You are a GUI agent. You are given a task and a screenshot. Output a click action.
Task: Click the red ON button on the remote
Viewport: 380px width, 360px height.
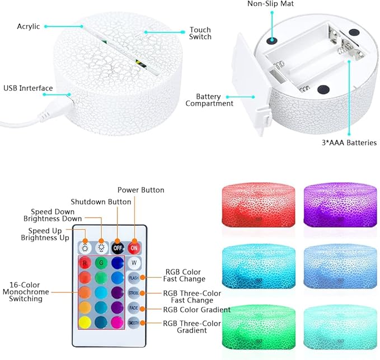(134, 248)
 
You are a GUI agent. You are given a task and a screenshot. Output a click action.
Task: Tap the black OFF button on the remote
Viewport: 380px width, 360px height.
(118, 248)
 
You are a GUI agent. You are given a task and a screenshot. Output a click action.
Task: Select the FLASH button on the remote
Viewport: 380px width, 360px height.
(134, 278)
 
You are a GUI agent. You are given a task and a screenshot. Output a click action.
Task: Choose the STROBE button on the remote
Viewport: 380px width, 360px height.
(134, 293)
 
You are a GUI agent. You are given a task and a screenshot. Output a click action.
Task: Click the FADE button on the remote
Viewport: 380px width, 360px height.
(134, 308)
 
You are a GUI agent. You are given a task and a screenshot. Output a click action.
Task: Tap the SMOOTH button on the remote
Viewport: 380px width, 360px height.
(134, 323)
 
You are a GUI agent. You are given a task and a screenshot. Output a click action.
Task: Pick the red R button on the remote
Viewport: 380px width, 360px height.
(85, 263)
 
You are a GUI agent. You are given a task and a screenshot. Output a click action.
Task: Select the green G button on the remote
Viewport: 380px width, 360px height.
(101, 263)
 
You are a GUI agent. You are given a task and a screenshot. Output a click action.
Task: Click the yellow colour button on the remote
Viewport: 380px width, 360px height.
(85, 323)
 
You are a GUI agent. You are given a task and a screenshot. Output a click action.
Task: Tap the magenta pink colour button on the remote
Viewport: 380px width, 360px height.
(118, 323)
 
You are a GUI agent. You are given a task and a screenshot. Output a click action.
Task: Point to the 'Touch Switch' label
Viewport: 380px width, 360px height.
(200, 33)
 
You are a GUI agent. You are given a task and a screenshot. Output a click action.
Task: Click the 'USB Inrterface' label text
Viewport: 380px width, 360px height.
(28, 88)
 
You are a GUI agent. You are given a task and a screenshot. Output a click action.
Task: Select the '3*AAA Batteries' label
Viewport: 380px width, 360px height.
(349, 143)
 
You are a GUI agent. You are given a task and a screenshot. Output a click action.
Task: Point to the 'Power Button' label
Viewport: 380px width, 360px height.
(141, 190)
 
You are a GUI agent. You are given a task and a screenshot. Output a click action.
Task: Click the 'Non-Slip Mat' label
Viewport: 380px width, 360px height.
(270, 3)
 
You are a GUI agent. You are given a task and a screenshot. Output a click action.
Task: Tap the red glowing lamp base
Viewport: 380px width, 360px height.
(259, 205)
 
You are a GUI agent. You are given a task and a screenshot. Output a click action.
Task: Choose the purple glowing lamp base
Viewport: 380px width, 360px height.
(340, 205)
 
